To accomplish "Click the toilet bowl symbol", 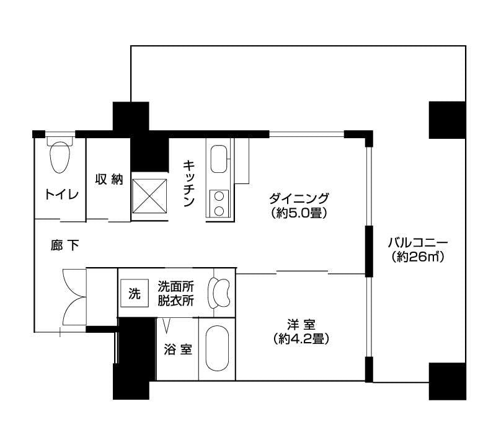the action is pos(60,157).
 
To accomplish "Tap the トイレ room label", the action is pos(61,194).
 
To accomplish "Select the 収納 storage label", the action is pos(109,179).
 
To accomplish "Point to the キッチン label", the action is pos(188,183).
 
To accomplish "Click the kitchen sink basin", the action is pos(219,159).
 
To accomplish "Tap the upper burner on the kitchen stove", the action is pos(219,196).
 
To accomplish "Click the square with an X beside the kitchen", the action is pos(149,196).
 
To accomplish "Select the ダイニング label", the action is pos(299,199).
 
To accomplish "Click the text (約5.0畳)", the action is pos(299,213).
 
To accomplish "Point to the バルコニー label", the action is pos(418,243).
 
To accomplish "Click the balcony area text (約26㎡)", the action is pos(418,257).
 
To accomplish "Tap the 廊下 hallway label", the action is pos(65,245).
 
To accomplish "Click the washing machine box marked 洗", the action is pos(135,293).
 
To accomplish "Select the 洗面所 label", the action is pos(176,287).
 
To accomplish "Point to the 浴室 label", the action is pos(178,350).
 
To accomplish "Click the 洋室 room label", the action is pos(301,325).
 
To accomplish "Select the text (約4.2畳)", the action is pos(301,339).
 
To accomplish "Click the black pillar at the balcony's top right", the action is pos(447,120).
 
